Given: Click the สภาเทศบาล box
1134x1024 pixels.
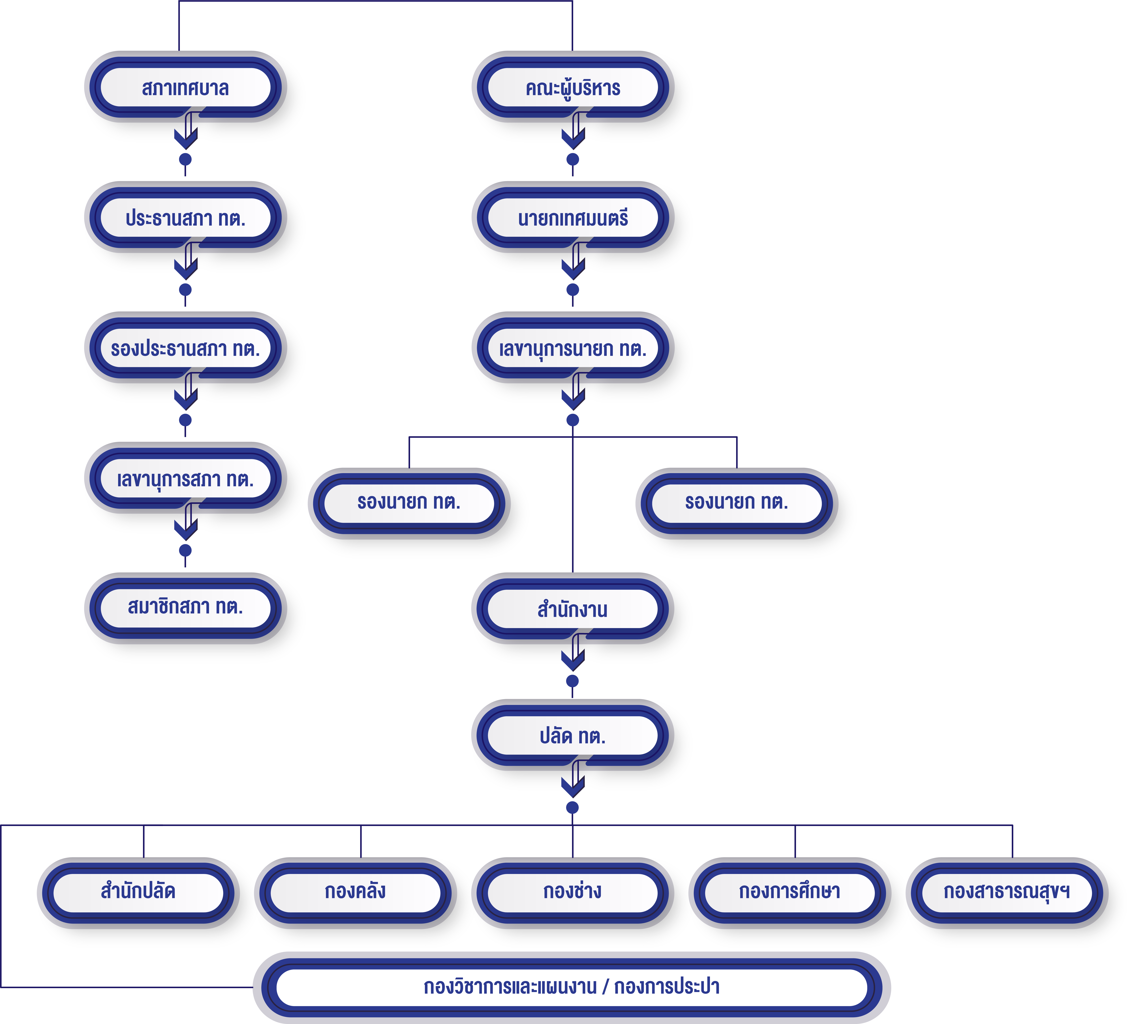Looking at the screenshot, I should (x=185, y=88).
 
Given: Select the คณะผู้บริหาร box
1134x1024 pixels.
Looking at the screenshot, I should (x=573, y=88).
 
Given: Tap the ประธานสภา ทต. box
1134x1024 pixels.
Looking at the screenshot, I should (x=185, y=218).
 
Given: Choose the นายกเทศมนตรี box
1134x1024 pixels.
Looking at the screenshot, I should (x=573, y=218).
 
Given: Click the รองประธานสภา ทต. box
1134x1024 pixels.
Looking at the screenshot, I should (x=185, y=349).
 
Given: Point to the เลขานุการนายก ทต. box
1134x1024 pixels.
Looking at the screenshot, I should (x=573, y=349).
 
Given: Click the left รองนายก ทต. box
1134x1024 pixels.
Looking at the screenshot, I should (x=409, y=502).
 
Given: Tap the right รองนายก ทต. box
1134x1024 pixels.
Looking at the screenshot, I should (x=736, y=502).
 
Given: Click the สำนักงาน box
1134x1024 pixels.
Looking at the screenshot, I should (x=573, y=609).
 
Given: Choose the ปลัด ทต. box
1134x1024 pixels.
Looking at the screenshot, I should (x=573, y=736).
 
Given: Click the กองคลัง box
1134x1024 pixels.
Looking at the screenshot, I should (x=355, y=891).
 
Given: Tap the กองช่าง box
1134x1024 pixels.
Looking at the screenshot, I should (x=573, y=891).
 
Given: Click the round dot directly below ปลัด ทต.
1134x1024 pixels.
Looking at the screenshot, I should (x=573, y=807).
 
